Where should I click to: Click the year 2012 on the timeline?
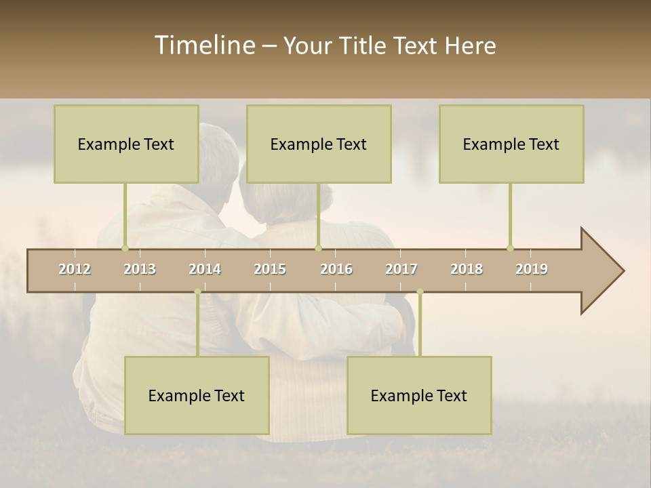tap(75, 269)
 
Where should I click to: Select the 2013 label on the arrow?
tap(140, 269)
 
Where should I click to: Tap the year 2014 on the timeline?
tap(205, 269)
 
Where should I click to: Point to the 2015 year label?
tap(270, 269)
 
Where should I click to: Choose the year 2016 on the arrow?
tap(336, 269)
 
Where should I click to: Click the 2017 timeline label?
tap(401, 269)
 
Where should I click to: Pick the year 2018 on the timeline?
tap(467, 269)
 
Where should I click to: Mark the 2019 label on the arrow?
tap(532, 269)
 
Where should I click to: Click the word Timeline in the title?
tap(204, 45)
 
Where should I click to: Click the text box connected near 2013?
tap(126, 144)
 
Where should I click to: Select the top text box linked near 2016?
tap(319, 144)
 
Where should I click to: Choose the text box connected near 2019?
tap(511, 144)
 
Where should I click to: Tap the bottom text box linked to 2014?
tap(197, 395)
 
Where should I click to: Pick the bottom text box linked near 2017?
tap(419, 395)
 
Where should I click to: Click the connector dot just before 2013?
tap(125, 248)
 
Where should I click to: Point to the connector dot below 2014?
tap(197, 291)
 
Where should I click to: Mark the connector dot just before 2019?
tap(510, 248)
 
